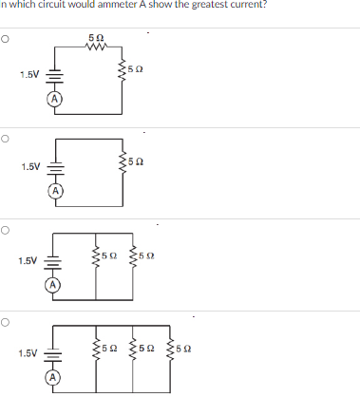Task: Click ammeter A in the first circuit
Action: point(55,98)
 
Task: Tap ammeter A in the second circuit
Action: point(55,190)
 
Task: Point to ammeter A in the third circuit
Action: point(55,282)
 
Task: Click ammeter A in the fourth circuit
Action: point(55,376)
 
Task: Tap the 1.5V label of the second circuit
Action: point(31,167)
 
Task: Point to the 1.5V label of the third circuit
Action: point(28,259)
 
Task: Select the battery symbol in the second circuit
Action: point(55,167)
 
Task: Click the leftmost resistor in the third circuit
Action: point(95,256)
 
